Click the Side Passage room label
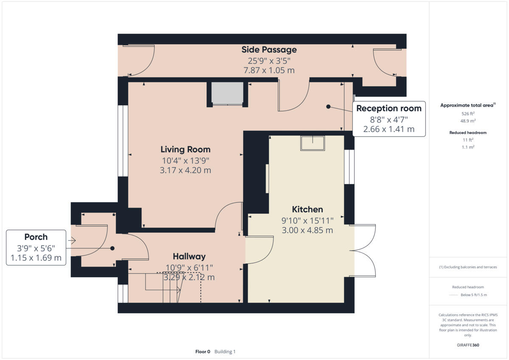tap(269, 50)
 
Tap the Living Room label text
tap(185, 149)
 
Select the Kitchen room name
tap(308, 209)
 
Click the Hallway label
tap(189, 257)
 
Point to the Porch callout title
tap(36, 237)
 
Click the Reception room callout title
tap(389, 109)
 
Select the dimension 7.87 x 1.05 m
tap(269, 70)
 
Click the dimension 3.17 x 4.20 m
tap(185, 170)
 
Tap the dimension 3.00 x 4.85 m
tap(308, 230)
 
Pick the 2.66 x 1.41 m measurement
tap(389, 129)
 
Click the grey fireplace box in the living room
tap(227, 93)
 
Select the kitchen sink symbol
tap(313, 143)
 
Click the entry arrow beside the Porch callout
tap(72, 240)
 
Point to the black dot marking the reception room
tap(328, 106)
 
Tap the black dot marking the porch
tap(112, 248)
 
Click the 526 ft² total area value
tap(468, 114)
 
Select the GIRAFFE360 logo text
tap(468, 345)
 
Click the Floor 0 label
tap(203, 352)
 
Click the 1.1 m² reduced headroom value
tap(468, 147)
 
